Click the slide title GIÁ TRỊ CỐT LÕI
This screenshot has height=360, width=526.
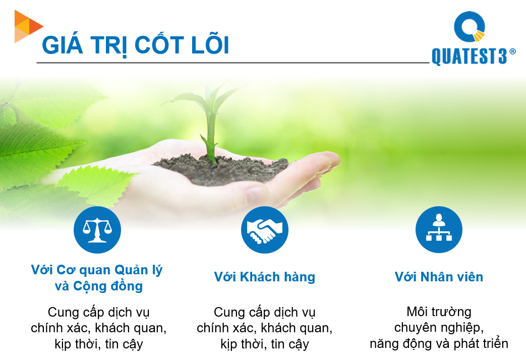coord(136,45)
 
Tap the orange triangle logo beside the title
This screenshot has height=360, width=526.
coord(28,26)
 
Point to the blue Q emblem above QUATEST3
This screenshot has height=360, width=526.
coord(470,27)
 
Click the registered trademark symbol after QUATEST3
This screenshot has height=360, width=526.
coord(512,51)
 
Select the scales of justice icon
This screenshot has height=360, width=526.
coord(97,230)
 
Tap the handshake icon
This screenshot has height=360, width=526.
coord(264,230)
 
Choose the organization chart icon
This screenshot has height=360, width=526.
coord(439,230)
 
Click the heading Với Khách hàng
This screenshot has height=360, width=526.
coord(264,277)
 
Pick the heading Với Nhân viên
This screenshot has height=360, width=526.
coord(439,277)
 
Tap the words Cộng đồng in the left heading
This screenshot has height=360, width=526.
coord(108,286)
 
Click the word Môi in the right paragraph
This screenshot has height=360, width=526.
coord(417,312)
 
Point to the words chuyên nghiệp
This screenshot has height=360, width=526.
coord(439,328)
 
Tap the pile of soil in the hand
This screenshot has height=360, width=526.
coord(222,169)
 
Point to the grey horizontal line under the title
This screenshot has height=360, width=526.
coord(233,63)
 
